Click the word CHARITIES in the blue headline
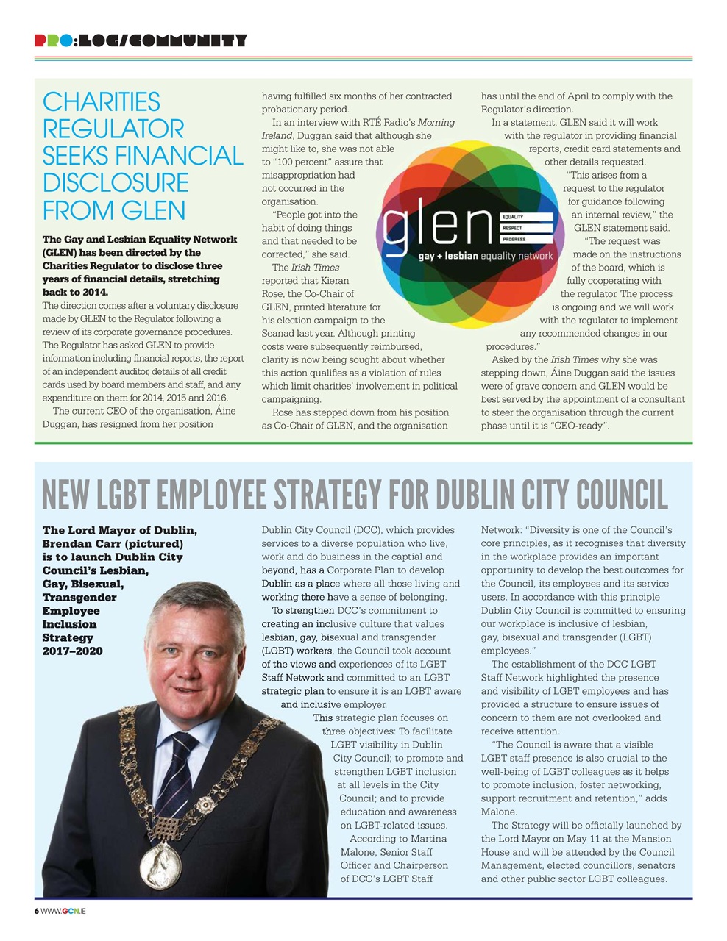(x=101, y=101)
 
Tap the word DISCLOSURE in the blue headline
(x=116, y=183)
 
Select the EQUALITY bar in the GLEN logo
(x=526, y=217)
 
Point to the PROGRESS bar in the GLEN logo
(x=526, y=239)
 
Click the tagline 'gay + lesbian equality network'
(x=485, y=257)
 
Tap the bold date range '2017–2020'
(x=72, y=651)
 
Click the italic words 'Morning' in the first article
(x=436, y=123)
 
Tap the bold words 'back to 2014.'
(x=75, y=293)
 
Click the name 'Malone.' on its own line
(x=499, y=812)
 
